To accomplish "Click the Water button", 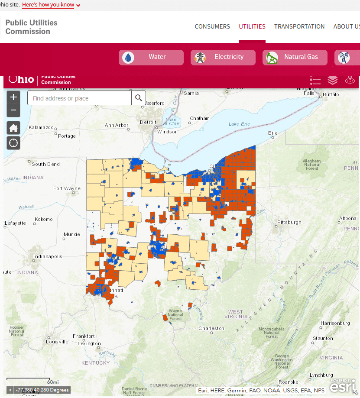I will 151,57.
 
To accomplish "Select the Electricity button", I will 223,57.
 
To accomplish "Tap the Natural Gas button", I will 295,57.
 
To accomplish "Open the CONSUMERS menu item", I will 212,26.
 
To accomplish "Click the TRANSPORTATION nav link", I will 299,26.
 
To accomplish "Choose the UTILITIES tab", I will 252,26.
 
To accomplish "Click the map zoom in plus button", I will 13,97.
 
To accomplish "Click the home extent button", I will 13,128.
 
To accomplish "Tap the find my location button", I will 13,142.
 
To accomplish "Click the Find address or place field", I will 79,98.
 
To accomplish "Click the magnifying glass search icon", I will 139,98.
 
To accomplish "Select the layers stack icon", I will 332,81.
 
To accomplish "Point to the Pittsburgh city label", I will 289,222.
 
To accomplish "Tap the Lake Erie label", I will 240,124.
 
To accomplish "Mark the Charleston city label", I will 211,328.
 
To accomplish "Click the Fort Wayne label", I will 67,188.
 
